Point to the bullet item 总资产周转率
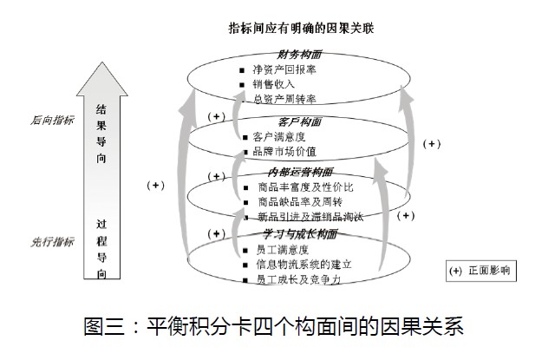286,99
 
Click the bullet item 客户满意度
279,136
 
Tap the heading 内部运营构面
300,172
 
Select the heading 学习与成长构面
300,234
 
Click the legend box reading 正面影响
480,270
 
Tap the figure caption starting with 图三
275,327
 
